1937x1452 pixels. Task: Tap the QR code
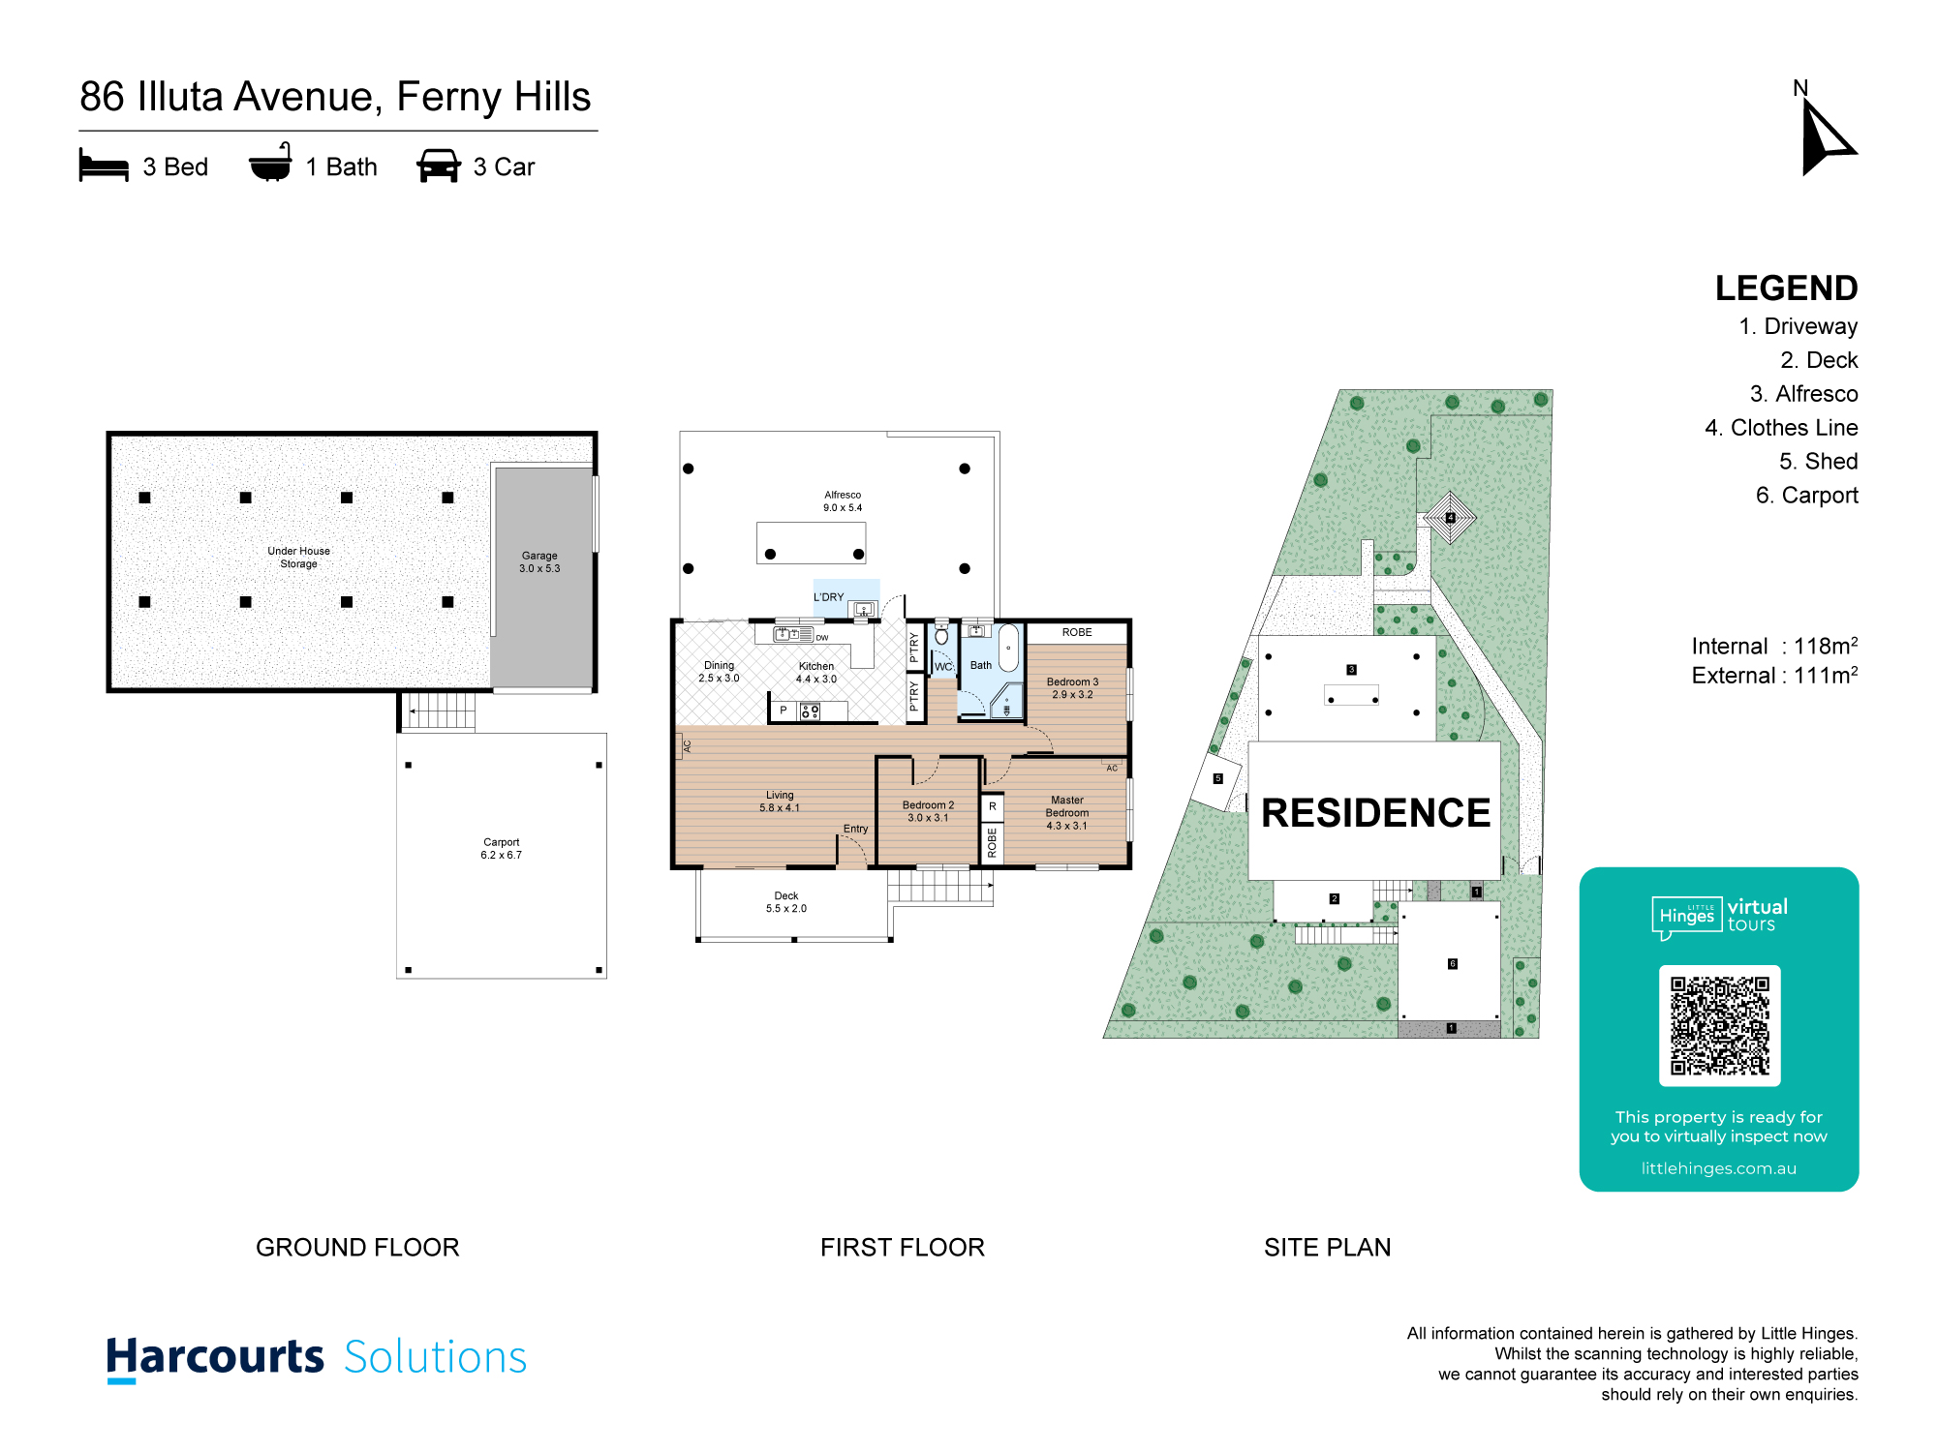(1719, 1025)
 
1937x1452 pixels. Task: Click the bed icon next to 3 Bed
(104, 166)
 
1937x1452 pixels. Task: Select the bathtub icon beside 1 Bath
(270, 163)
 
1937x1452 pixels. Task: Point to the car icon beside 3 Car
(439, 166)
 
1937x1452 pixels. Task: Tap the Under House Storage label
(298, 558)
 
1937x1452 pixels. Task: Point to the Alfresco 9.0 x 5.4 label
(843, 501)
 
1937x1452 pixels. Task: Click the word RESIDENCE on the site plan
(1375, 813)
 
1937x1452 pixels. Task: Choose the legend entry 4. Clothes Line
(1781, 428)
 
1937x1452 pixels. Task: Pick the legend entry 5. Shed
(1818, 462)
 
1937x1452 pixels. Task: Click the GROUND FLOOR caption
(357, 1248)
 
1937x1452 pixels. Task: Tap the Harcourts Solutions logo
(317, 1357)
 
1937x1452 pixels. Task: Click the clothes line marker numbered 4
(1450, 518)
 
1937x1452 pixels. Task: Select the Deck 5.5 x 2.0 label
(786, 902)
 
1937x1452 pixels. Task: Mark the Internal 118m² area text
(1774, 646)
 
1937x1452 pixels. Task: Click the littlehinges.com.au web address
(1719, 1168)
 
